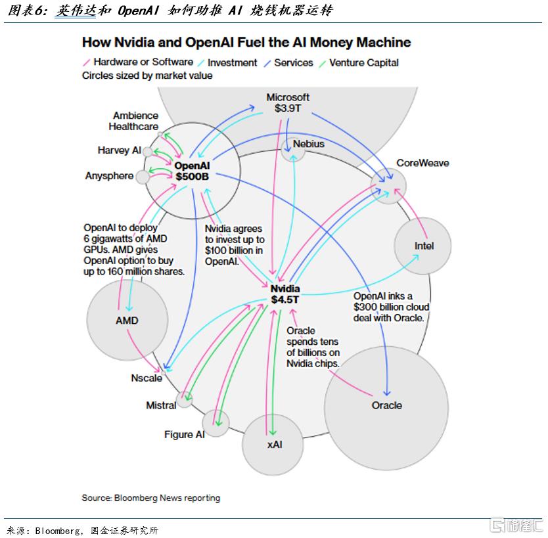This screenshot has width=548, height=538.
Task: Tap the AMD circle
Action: (127, 321)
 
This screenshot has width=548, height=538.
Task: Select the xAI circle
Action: (274, 444)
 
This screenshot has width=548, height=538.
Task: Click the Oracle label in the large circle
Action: (386, 405)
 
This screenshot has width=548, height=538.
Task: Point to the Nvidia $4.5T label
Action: (285, 294)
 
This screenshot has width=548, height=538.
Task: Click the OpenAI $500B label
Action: (191, 171)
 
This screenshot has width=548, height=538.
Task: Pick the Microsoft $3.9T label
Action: (288, 102)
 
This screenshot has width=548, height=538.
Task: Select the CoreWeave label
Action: (422, 163)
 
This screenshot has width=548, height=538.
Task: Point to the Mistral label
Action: (161, 405)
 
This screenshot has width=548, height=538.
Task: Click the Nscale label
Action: (146, 378)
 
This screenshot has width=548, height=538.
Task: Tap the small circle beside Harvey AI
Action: (148, 152)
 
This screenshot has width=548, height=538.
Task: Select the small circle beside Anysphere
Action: (143, 176)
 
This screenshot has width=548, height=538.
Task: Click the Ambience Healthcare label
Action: (134, 121)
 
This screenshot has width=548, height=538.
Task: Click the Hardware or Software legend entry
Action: (143, 62)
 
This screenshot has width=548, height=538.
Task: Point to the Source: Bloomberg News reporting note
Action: (150, 498)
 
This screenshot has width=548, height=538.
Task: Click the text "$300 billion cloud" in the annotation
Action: (391, 307)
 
